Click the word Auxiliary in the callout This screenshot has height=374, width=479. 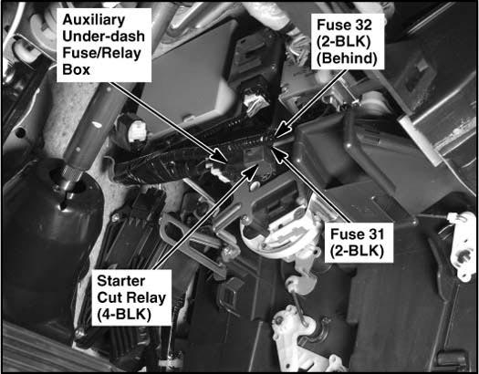[x=94, y=20]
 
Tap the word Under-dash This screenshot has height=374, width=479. [x=104, y=36]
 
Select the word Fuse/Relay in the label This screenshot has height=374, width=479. [x=101, y=54]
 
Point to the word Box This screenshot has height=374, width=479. [x=76, y=69]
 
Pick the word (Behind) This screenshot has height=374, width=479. [x=347, y=58]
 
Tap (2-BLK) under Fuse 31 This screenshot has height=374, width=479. [x=357, y=251]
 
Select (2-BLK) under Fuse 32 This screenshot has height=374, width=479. [x=344, y=42]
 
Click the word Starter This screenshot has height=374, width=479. [x=121, y=281]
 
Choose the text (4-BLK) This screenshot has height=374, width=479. [x=124, y=314]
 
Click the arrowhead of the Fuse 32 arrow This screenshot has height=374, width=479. [x=281, y=130]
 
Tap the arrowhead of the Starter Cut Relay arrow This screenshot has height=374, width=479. [x=251, y=171]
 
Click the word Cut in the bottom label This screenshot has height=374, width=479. [x=111, y=297]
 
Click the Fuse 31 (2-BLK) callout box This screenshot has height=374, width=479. [x=359, y=243]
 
